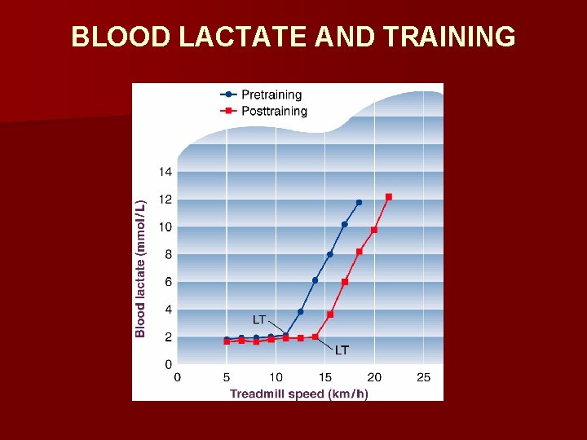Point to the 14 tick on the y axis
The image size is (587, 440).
(x=165, y=172)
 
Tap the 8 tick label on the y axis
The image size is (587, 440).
(x=168, y=254)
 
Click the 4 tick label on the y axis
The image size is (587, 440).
(x=168, y=310)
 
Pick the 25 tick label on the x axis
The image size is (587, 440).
(x=424, y=377)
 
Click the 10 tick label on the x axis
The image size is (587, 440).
(x=276, y=377)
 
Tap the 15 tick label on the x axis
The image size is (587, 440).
(x=325, y=377)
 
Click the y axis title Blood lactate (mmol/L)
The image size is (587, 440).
(x=140, y=268)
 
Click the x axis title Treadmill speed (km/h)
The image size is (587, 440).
(x=298, y=394)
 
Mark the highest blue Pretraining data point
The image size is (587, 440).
(x=359, y=202)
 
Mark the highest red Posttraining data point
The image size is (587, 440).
(x=389, y=196)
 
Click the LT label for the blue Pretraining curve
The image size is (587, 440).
(x=258, y=319)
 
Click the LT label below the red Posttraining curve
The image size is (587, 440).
(x=342, y=350)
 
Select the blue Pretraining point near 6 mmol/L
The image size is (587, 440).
(x=315, y=280)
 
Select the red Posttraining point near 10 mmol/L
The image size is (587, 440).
(x=374, y=230)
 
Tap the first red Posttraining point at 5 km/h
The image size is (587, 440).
(x=227, y=341)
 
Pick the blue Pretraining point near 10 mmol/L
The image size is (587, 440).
(x=344, y=224)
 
